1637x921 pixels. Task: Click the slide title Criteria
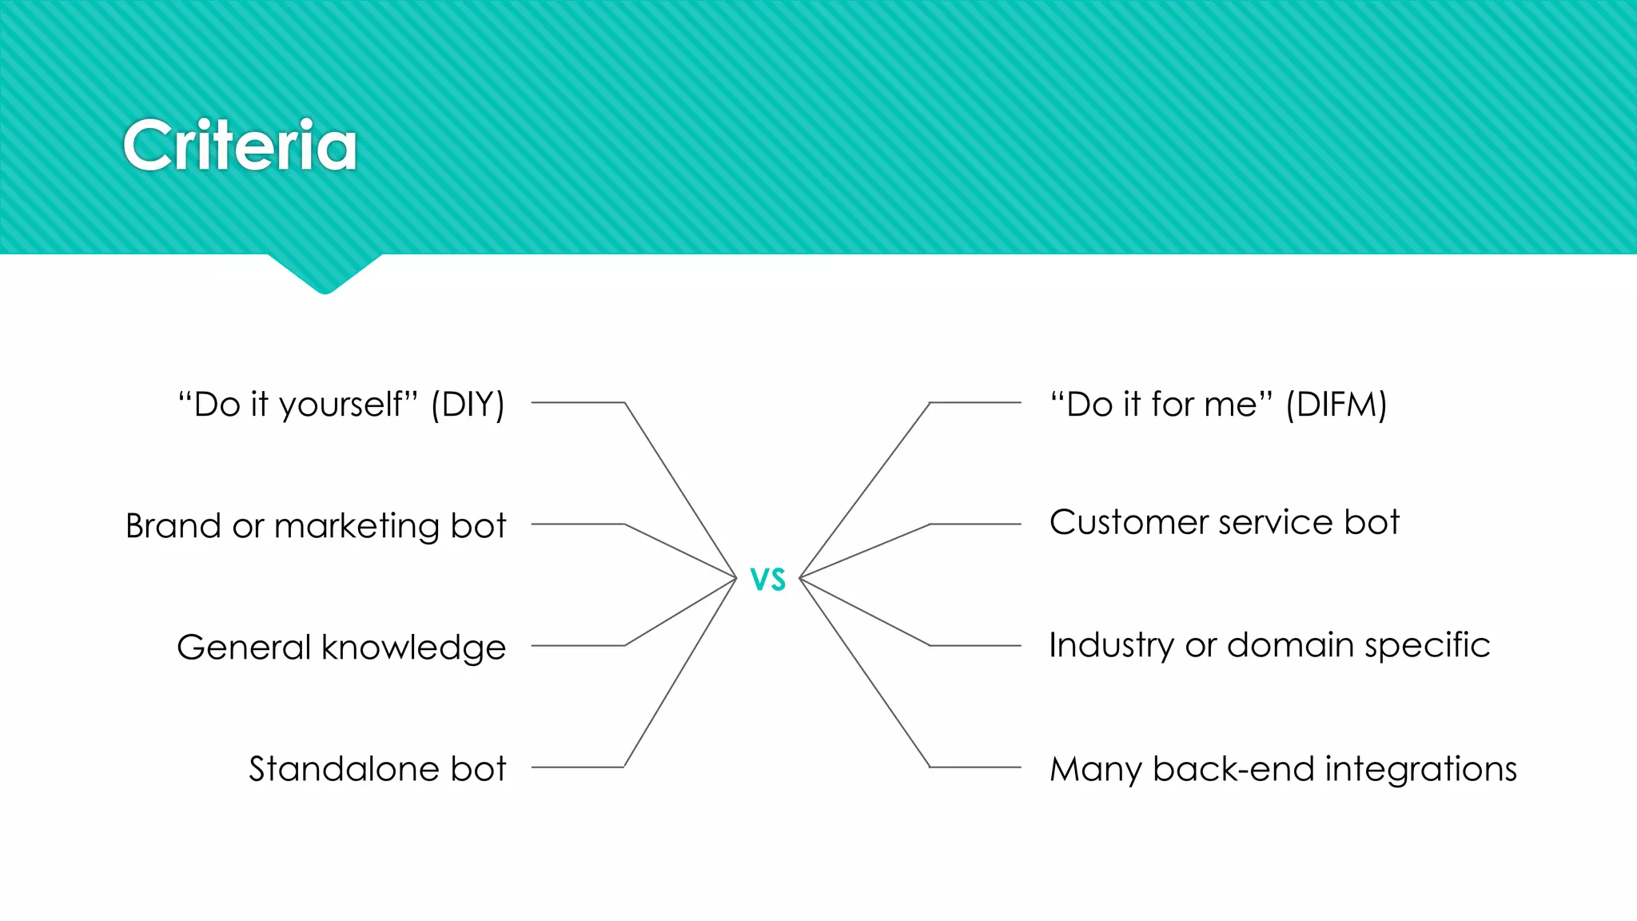[x=240, y=146]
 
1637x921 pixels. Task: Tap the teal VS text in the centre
[x=768, y=579]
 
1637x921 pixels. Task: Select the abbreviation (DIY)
[x=468, y=405]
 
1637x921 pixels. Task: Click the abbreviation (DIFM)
[x=1336, y=405]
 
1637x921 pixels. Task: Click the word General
[x=244, y=648]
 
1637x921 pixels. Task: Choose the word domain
[x=1289, y=645]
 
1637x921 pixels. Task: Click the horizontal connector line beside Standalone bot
[x=577, y=767]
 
